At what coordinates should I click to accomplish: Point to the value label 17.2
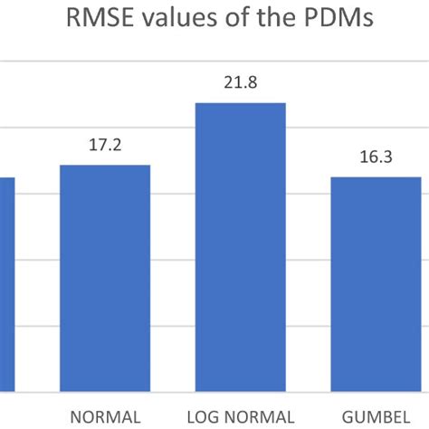(x=105, y=145)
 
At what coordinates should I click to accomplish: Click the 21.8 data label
(x=240, y=83)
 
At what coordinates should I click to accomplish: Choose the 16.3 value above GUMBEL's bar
(x=376, y=157)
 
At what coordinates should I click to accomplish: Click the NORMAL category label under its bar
(x=105, y=416)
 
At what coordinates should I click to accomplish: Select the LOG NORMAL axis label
(x=240, y=416)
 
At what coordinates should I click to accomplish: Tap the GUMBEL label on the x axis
(x=376, y=416)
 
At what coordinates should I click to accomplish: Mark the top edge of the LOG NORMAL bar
(x=240, y=103)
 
